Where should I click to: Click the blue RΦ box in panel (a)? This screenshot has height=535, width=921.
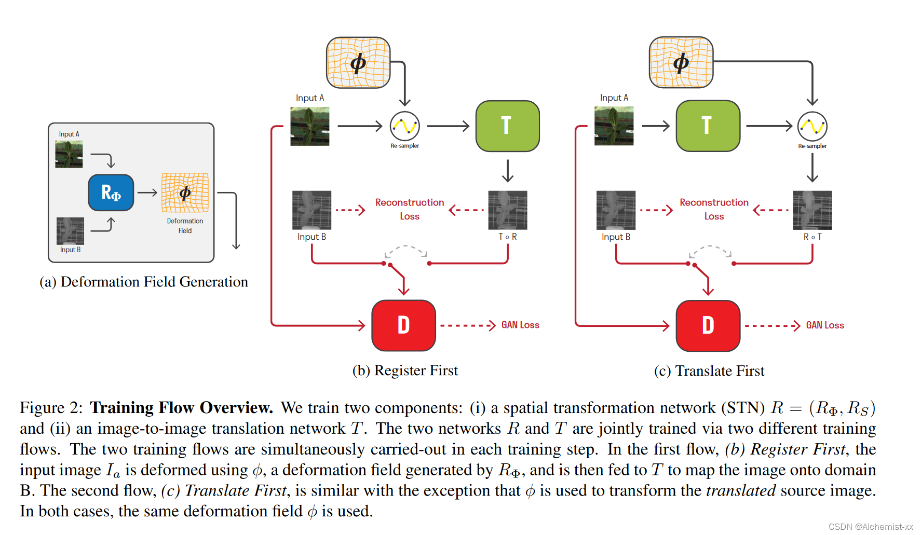tap(111, 193)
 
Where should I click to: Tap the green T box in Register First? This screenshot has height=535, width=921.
tap(507, 126)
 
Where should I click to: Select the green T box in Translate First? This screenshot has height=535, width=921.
tap(708, 126)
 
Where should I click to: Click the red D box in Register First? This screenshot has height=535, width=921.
tap(403, 325)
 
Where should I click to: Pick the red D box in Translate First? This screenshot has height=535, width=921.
tap(708, 325)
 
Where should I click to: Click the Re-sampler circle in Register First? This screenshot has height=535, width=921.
tap(404, 126)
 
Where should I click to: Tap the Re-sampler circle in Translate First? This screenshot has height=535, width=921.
tap(812, 126)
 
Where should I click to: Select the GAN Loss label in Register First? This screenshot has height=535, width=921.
tap(520, 325)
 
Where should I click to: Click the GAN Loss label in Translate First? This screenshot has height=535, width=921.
tap(824, 325)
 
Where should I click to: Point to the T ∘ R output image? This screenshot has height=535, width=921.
tap(507, 210)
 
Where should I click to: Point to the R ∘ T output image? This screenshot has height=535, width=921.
tap(812, 210)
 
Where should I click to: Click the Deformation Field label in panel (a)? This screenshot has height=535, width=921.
tap(185, 226)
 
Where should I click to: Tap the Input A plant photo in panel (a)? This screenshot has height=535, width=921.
tap(69, 155)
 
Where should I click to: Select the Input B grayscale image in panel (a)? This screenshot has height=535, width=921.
tap(70, 231)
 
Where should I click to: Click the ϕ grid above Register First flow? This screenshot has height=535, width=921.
tap(358, 63)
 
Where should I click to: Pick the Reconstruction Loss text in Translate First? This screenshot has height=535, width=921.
tap(714, 209)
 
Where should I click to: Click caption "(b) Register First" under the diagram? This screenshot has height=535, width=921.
tap(405, 371)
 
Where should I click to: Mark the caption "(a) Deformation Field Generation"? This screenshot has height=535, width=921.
tap(144, 282)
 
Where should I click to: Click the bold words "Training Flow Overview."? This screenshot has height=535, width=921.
tap(181, 408)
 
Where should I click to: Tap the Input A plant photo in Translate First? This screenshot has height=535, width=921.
tap(614, 126)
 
